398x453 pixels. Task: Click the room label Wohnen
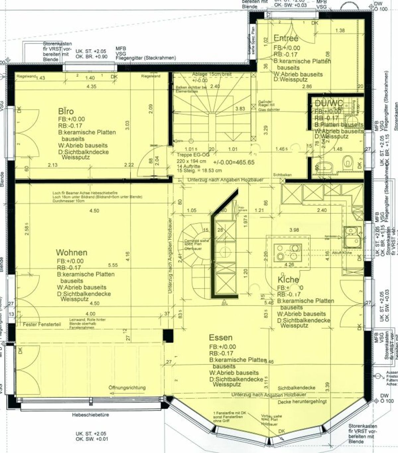coord(72,252)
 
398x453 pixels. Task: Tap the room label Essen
coord(221,338)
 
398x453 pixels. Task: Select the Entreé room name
coord(286,38)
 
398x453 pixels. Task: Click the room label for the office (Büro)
coord(66,111)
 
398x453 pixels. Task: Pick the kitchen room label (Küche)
coord(288,280)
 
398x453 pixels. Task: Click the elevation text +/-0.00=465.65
coord(234,162)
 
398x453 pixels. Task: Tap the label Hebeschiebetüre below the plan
coord(91,415)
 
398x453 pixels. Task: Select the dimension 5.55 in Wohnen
coord(113,265)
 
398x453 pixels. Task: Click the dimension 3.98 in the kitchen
coord(294,230)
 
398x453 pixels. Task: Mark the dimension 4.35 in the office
coord(91,87)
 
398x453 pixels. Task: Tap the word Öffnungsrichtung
coord(127,388)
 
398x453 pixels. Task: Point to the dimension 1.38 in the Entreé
coord(340,31)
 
